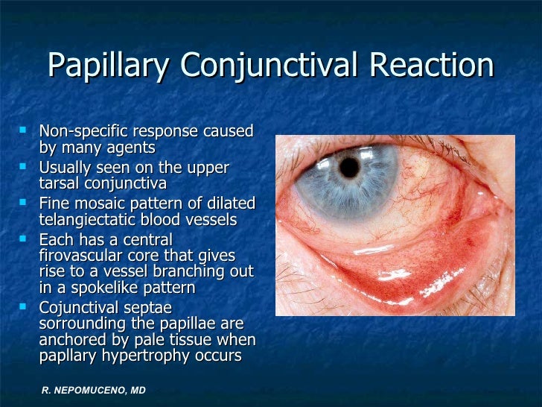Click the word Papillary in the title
coord(103,66)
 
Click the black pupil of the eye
coord(349,167)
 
